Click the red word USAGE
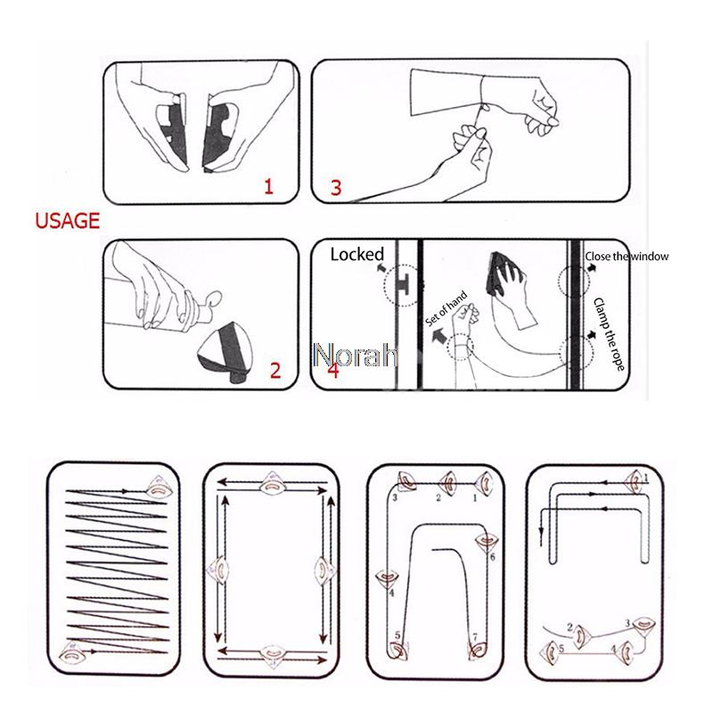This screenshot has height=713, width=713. pyautogui.click(x=67, y=220)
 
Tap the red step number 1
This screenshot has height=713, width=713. pyautogui.click(x=267, y=186)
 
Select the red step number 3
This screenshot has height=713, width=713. pyautogui.click(x=335, y=188)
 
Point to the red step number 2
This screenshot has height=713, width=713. pyautogui.click(x=275, y=371)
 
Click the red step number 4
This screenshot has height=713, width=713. pyautogui.click(x=332, y=371)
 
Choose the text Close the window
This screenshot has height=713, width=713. pyautogui.click(x=627, y=257)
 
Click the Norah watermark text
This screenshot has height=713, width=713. pyautogui.click(x=356, y=356)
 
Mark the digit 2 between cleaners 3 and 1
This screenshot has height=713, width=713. pyautogui.click(x=438, y=497)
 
